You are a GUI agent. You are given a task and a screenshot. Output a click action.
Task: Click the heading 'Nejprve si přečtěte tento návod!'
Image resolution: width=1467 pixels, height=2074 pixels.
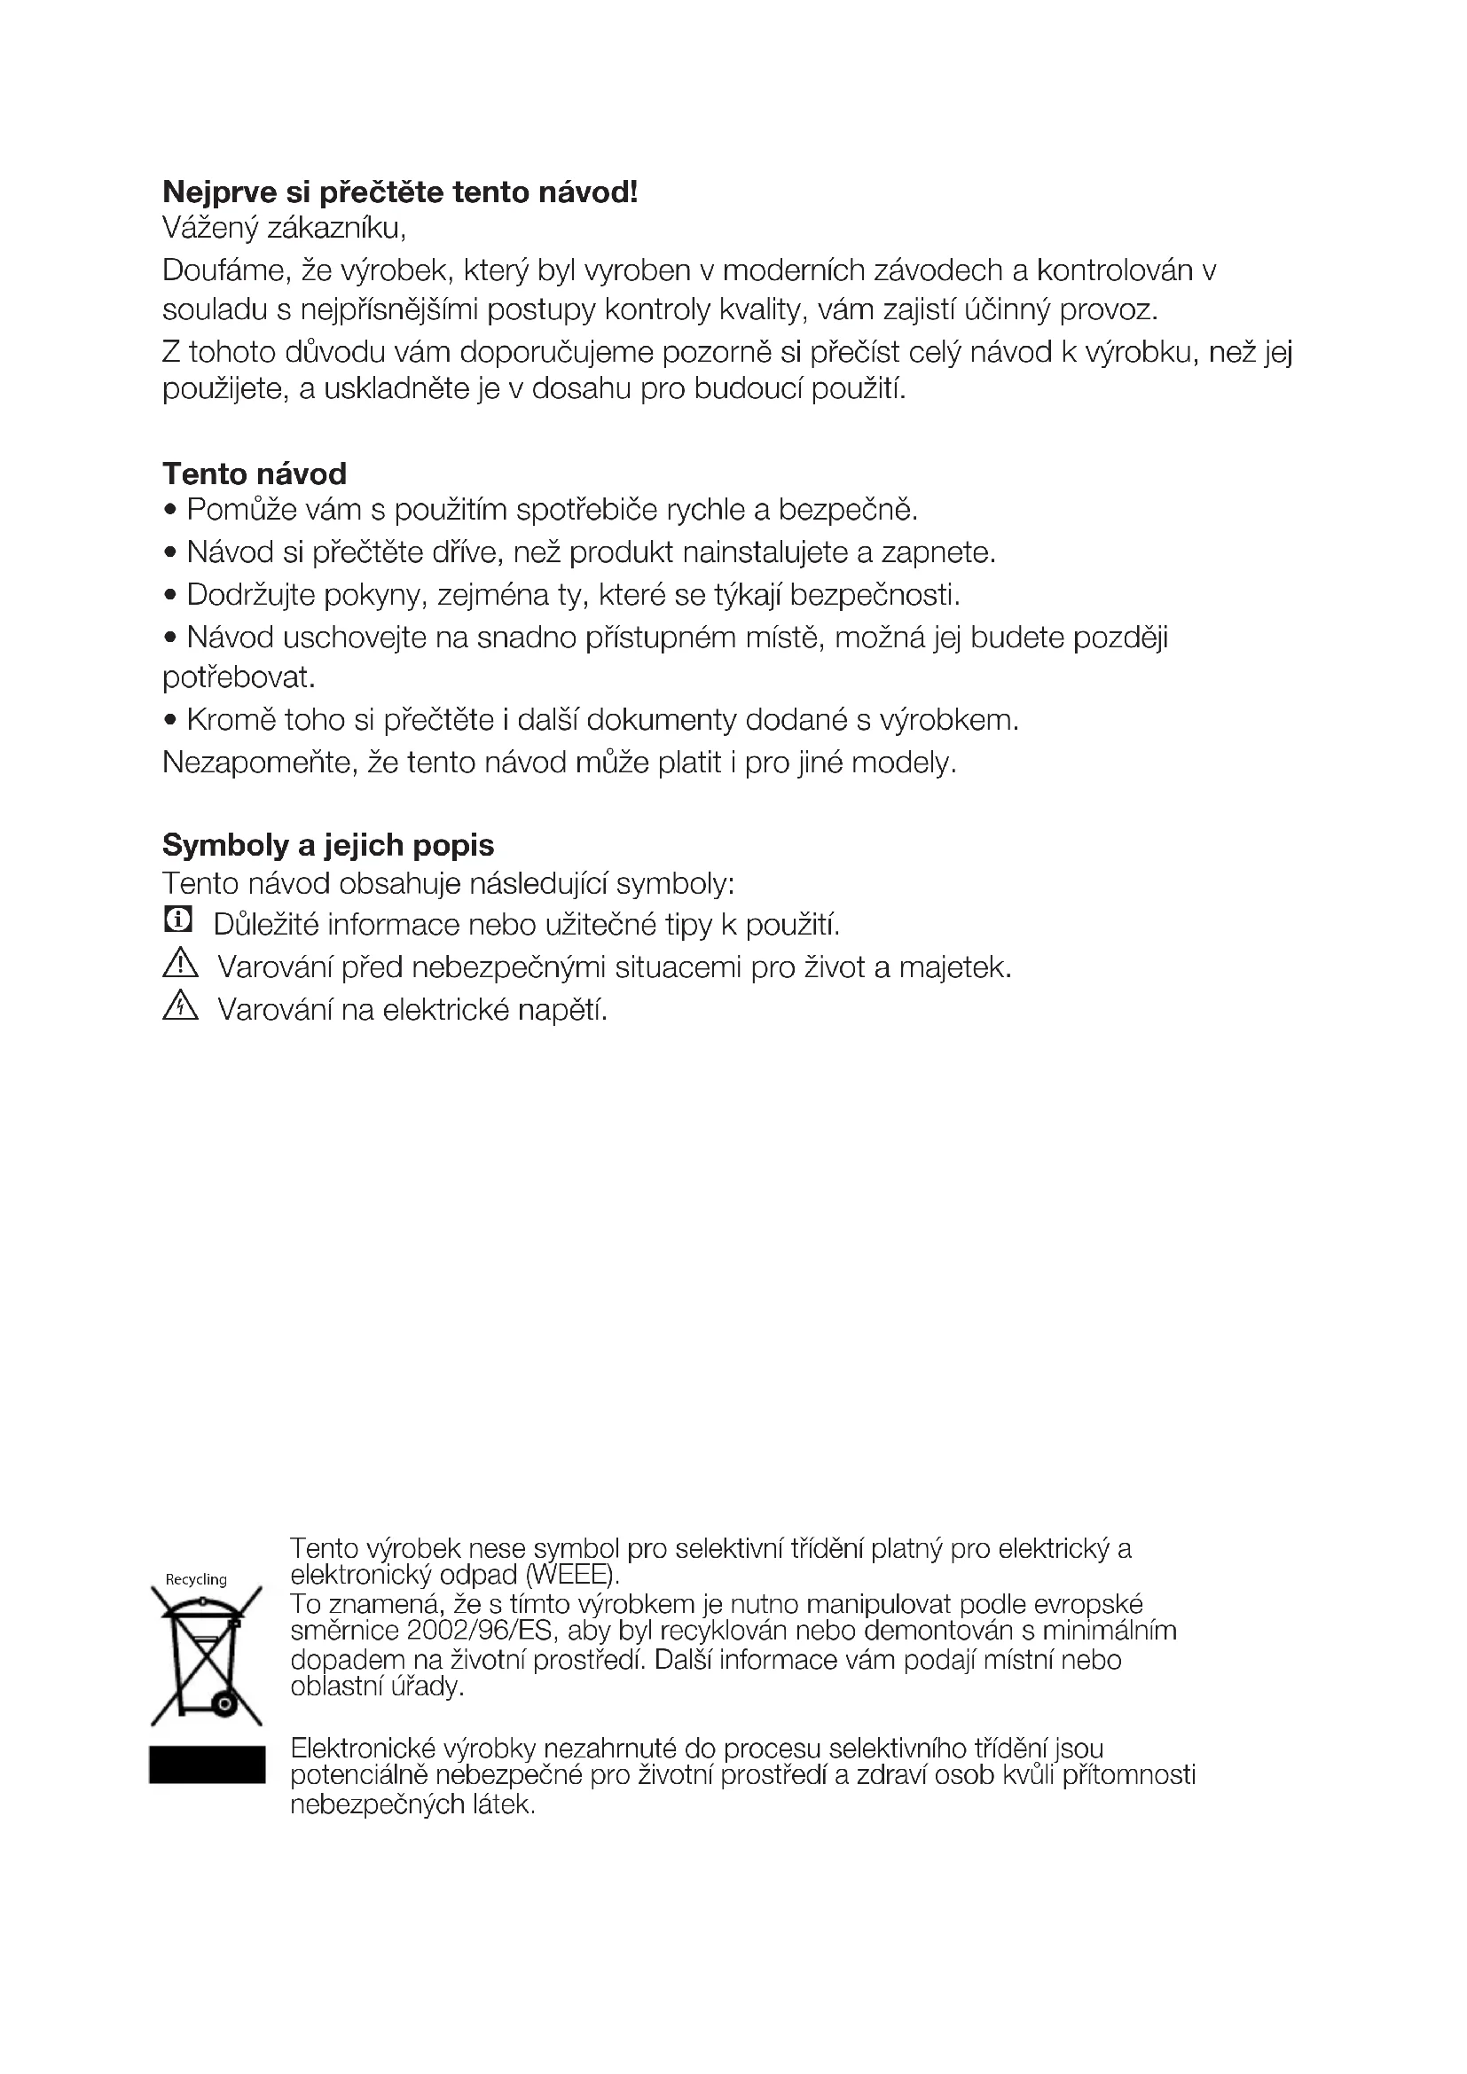[x=399, y=192]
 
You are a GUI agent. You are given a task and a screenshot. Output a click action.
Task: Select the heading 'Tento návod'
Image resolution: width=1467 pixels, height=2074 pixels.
[x=254, y=473]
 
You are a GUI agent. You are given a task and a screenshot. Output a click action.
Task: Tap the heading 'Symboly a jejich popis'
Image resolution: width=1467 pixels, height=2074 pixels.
[x=328, y=845]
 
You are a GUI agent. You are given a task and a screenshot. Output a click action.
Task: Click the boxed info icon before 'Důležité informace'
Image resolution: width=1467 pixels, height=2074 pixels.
[x=178, y=920]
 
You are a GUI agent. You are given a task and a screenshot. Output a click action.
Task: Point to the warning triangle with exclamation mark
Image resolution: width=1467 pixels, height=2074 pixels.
[x=181, y=964]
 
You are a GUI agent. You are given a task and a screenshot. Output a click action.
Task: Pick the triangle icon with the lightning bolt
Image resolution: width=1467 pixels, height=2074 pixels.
[x=181, y=1006]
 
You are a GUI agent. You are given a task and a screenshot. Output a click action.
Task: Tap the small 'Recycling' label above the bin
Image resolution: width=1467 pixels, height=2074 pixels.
[x=196, y=1579]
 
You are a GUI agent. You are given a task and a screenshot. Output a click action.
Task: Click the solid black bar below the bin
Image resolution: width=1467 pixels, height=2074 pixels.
[x=207, y=1765]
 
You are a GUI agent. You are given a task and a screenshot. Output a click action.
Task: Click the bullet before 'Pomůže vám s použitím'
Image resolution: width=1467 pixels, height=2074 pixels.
[x=169, y=512]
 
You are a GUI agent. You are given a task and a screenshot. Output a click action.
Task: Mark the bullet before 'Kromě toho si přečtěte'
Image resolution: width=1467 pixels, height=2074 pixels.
[x=169, y=721]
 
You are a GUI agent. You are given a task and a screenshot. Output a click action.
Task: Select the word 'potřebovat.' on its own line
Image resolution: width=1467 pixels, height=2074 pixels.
[x=239, y=677]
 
